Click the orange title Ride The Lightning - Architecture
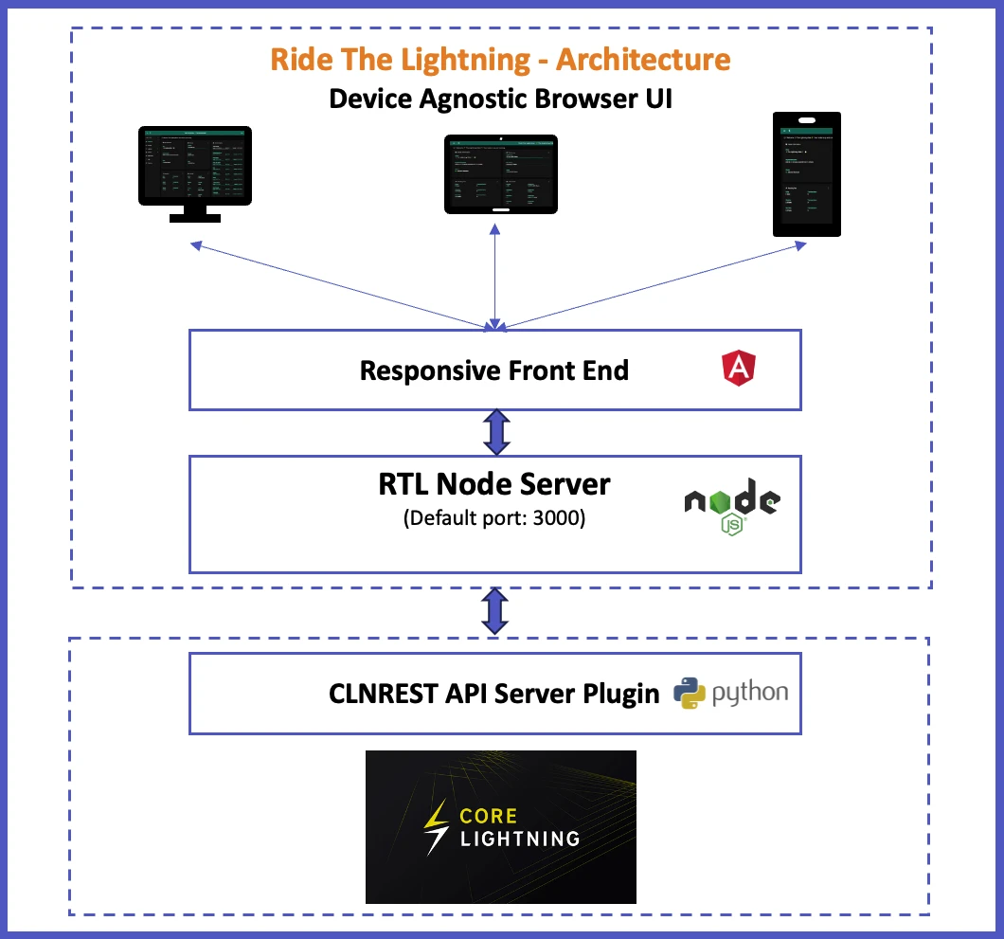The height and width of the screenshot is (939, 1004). coord(500,59)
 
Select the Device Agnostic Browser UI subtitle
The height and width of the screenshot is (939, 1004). coord(500,99)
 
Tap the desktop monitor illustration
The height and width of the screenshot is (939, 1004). coord(195,171)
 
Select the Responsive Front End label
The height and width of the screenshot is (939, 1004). coord(493,370)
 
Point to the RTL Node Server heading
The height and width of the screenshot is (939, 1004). coord(493,485)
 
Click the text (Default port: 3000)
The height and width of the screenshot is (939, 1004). coord(493,518)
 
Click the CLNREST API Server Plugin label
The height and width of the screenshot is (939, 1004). coord(493,694)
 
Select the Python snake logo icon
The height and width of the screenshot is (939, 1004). coord(690,693)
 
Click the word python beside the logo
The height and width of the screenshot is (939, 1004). coord(749,693)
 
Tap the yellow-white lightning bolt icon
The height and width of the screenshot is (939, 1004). coord(437,826)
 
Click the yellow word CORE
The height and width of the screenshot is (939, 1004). coord(489,815)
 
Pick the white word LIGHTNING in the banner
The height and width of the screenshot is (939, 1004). coord(519,839)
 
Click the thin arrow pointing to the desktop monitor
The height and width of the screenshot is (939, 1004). coord(341,285)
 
